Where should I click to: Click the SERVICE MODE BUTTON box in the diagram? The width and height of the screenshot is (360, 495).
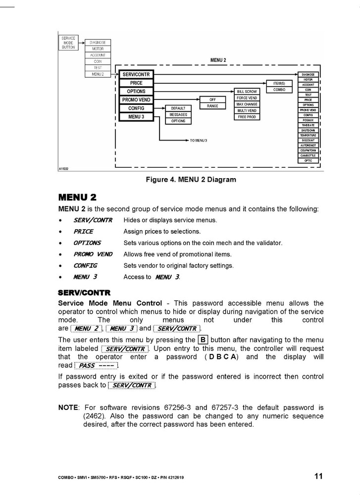(x=68, y=43)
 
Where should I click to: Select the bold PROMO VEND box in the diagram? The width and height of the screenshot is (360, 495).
(x=136, y=100)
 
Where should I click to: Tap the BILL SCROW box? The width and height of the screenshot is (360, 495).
(x=247, y=92)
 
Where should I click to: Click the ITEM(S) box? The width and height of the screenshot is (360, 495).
(x=279, y=83)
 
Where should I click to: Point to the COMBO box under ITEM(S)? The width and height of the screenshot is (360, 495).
(x=279, y=90)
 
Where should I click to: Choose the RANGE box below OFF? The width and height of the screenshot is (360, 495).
(x=212, y=106)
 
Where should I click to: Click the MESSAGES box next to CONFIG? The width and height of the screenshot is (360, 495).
(x=178, y=114)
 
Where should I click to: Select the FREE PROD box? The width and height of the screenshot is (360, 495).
(x=247, y=117)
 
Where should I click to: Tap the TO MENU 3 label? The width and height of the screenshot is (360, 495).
(x=198, y=141)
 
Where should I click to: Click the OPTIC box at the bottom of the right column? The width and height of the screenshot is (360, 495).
(x=308, y=160)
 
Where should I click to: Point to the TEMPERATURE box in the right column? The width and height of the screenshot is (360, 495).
(x=308, y=135)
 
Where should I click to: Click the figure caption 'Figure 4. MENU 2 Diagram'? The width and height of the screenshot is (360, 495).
(x=191, y=180)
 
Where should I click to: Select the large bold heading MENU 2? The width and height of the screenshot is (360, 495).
(x=77, y=198)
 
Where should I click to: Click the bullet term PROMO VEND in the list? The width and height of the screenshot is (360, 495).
(x=93, y=254)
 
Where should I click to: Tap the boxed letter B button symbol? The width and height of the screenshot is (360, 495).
(x=203, y=340)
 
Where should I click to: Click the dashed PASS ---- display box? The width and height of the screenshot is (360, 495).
(x=96, y=365)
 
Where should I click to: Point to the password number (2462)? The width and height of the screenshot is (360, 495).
(x=94, y=416)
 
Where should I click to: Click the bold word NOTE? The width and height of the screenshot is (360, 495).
(x=68, y=407)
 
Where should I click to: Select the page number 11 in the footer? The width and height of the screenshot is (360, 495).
(x=318, y=476)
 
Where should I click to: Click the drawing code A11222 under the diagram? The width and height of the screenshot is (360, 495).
(x=63, y=169)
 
